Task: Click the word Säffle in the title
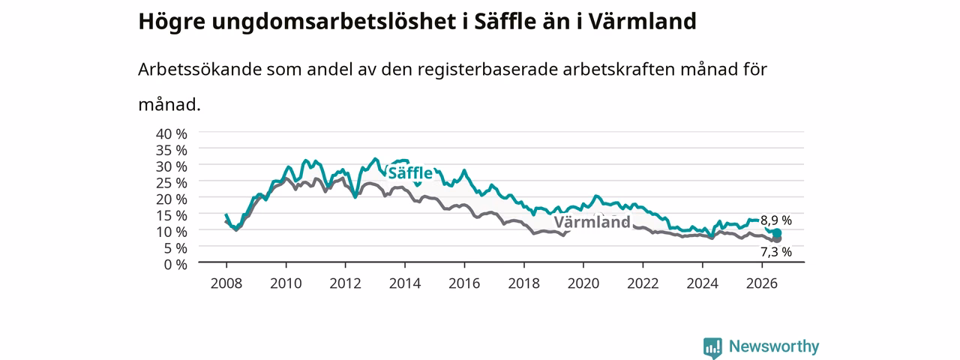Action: coord(505,21)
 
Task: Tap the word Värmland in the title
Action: coord(642,21)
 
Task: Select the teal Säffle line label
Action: coord(410,172)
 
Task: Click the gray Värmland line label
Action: coord(592,221)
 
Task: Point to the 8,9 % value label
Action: coord(775,220)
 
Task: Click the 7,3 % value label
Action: coord(775,252)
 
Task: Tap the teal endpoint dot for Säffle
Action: coord(776,233)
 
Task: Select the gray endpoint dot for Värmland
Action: coord(776,238)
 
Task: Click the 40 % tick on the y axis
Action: coord(172,133)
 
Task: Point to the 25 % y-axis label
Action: coord(172,183)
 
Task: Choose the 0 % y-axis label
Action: coord(175,265)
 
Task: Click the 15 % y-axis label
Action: coord(172,215)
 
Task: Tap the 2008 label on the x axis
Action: coord(226,283)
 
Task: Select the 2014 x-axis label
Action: coord(405,283)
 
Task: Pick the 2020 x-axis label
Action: coord(583,283)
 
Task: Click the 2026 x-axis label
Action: coord(762,283)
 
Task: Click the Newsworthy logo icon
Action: coord(712,347)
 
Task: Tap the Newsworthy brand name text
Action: coord(774,346)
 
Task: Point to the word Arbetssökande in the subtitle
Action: coord(199,69)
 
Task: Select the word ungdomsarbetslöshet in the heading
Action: coord(334,22)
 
